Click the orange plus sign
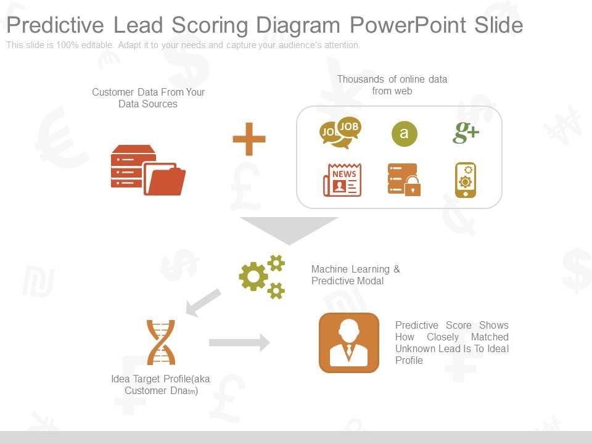[249, 139]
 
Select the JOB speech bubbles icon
[340, 133]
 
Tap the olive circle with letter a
[404, 134]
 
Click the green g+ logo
[466, 132]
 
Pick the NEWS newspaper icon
[342, 180]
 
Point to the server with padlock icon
[404, 180]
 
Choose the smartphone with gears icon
[466, 180]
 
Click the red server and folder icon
[148, 170]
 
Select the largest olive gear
[253, 277]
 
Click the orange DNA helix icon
[161, 342]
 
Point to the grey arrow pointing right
[239, 342]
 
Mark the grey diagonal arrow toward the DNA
[203, 302]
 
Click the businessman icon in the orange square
[349, 343]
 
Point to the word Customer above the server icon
[113, 92]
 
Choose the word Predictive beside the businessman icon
[416, 326]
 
